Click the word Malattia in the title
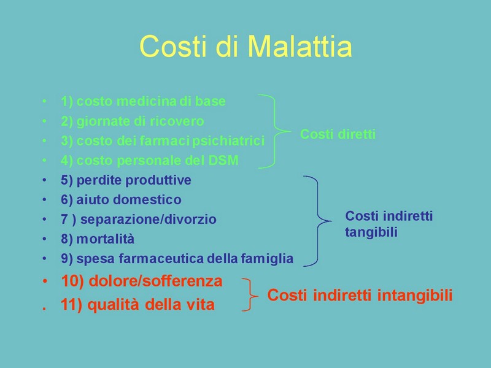tap(300, 47)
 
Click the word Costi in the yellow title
tap(173, 47)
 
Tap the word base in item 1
tap(211, 101)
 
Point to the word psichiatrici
tap(228, 141)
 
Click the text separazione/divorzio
tap(149, 220)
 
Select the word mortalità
tap(106, 239)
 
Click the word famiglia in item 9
tap(267, 259)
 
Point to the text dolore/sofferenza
tap(156, 281)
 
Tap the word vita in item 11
tap(201, 304)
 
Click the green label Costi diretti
tap(338, 134)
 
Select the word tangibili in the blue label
tap(371, 232)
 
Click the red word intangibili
tap(415, 295)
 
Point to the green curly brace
tap(275, 131)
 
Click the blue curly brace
tap(318, 221)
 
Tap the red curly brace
tap(250, 295)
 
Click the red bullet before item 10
tap(45, 282)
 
